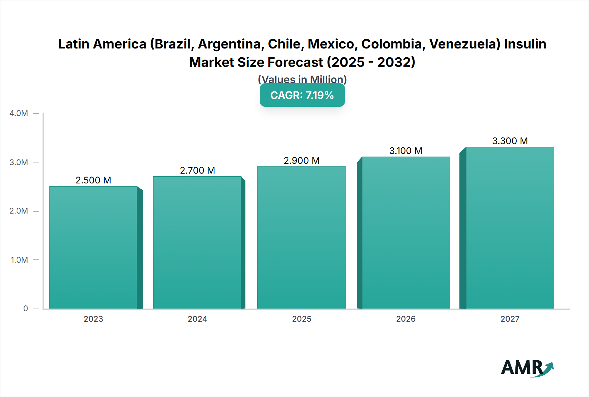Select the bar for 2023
(93, 247)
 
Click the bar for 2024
(197, 242)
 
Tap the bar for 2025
(301, 237)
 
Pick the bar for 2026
(406, 233)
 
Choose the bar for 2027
(510, 228)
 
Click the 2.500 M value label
(93, 180)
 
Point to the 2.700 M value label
(197, 170)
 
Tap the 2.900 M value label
(301, 161)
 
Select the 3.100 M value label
(406, 151)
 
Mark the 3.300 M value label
(510, 141)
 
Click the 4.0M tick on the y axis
(19, 113)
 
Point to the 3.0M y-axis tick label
(19, 162)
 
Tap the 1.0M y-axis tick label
(19, 260)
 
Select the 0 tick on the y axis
(26, 309)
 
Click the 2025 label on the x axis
(301, 319)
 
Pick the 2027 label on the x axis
(510, 319)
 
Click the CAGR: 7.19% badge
(302, 95)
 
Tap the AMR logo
(527, 368)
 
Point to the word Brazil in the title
(174, 44)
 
